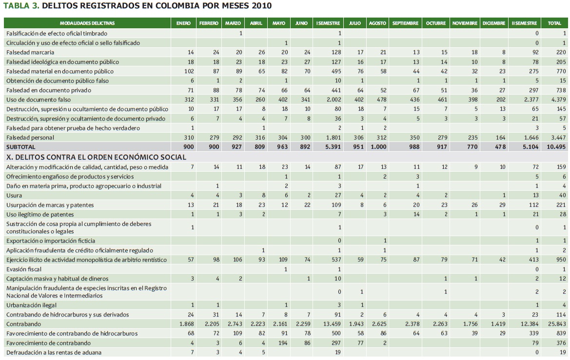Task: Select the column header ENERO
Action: [x=183, y=23]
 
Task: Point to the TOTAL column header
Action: [x=554, y=23]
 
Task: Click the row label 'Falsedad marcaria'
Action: [x=30, y=52]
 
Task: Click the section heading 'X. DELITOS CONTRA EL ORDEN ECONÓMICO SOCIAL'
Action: [x=96, y=157]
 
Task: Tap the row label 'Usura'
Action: [x=14, y=196]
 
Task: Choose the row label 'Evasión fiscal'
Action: [x=23, y=269]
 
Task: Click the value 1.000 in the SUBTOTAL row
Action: [x=377, y=147]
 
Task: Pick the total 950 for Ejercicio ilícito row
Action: [x=561, y=260]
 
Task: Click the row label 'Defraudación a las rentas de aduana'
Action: [x=54, y=352]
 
